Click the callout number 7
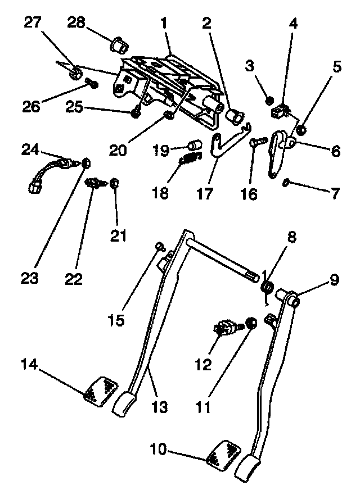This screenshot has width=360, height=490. [x=335, y=194]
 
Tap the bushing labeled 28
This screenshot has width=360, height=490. [x=119, y=43]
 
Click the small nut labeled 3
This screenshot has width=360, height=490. [x=269, y=101]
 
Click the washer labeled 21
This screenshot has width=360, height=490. [x=114, y=183]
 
